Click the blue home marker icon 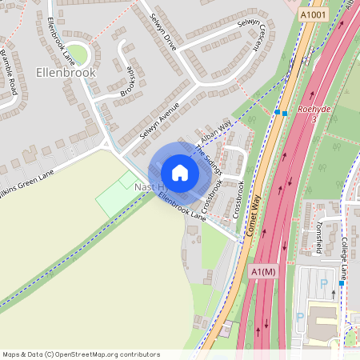pos(180,172)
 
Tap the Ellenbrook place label pos(66,72)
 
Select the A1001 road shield pos(314,14)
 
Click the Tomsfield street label pos(319,237)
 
